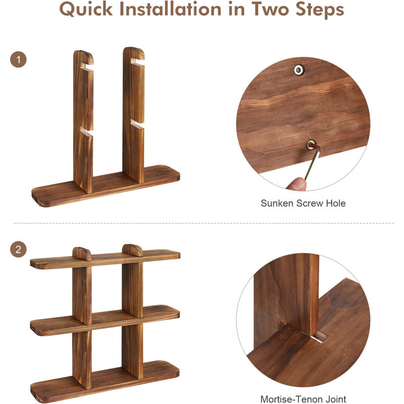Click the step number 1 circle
pos(19,60)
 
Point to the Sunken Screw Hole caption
pos(303,203)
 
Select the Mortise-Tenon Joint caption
pos(303,399)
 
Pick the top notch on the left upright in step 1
pos(86,66)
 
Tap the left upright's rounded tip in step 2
pos(82,252)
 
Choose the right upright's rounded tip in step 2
pos(133,249)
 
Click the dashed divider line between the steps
pos(202,223)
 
